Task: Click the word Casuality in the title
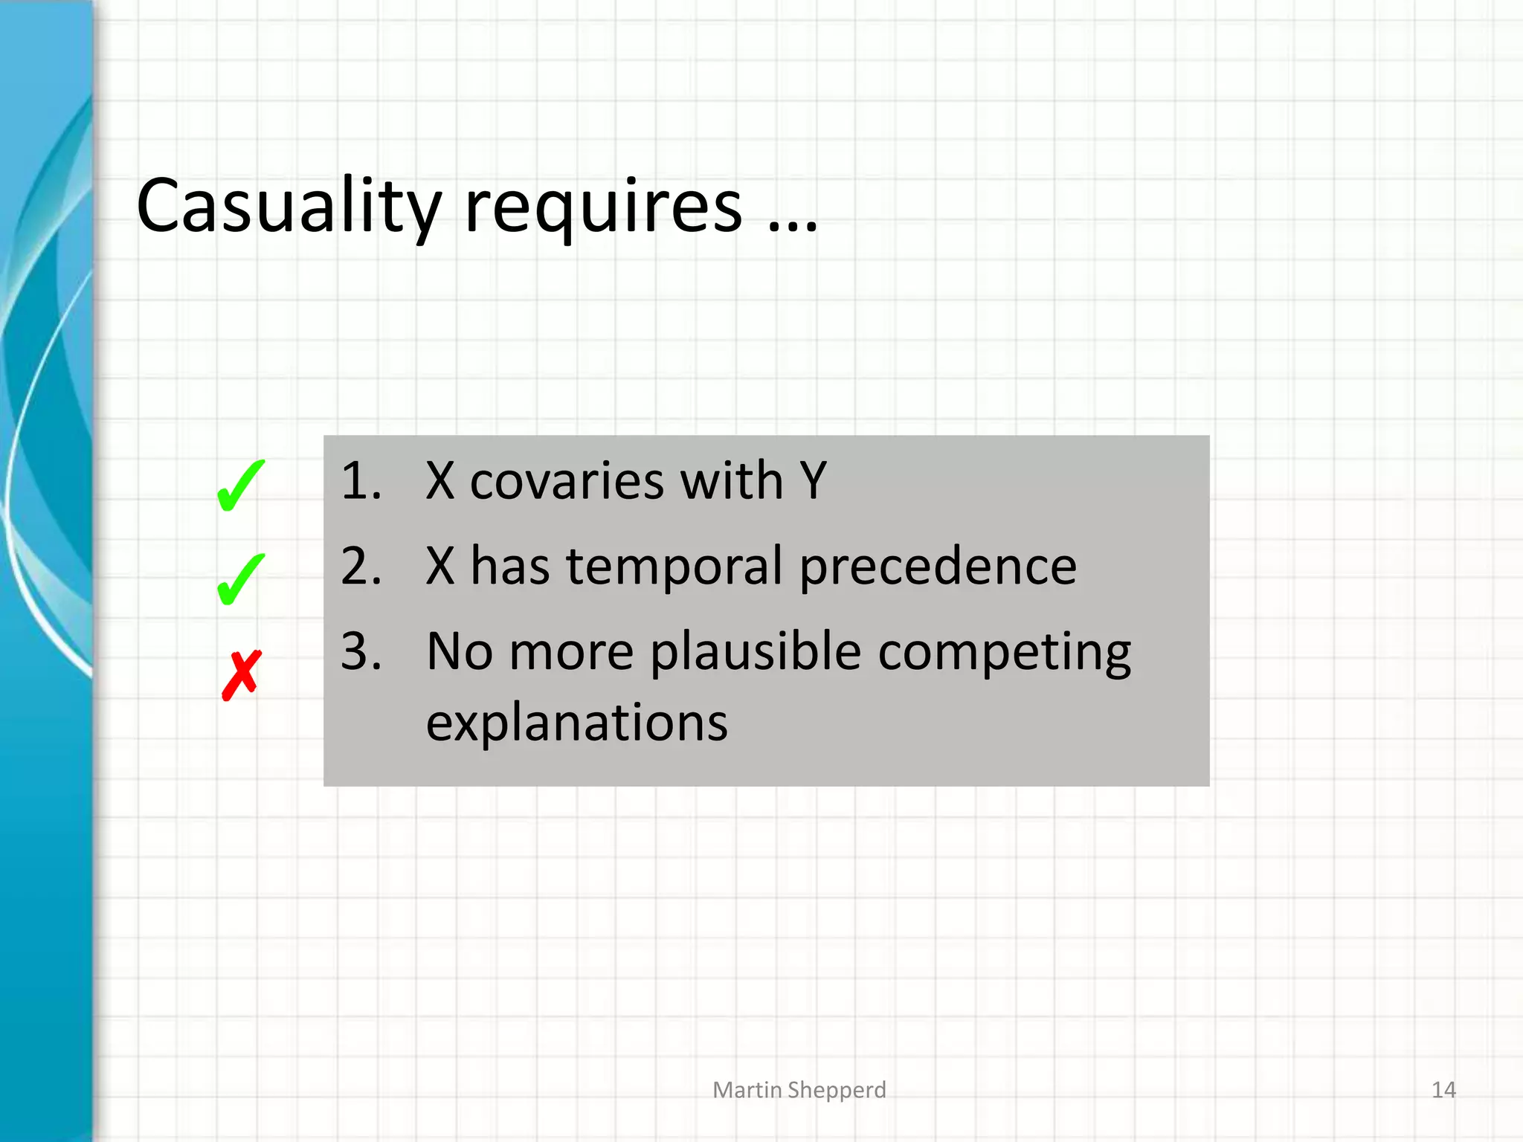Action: point(289,206)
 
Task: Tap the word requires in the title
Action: point(603,208)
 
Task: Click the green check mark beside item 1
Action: point(240,486)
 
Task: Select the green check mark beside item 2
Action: point(240,580)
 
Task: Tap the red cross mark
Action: point(242,675)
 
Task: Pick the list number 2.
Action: point(361,566)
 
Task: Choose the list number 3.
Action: point(361,651)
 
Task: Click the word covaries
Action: point(567,481)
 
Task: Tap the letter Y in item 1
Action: point(813,481)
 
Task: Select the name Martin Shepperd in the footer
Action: point(799,1090)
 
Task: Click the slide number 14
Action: point(1443,1090)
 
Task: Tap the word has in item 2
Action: point(510,567)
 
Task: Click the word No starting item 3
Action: point(460,652)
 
